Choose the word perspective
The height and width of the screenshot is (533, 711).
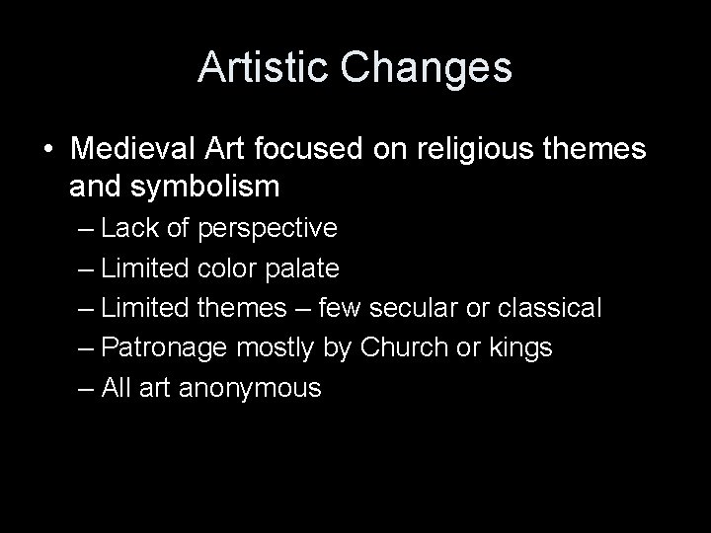point(268,229)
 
